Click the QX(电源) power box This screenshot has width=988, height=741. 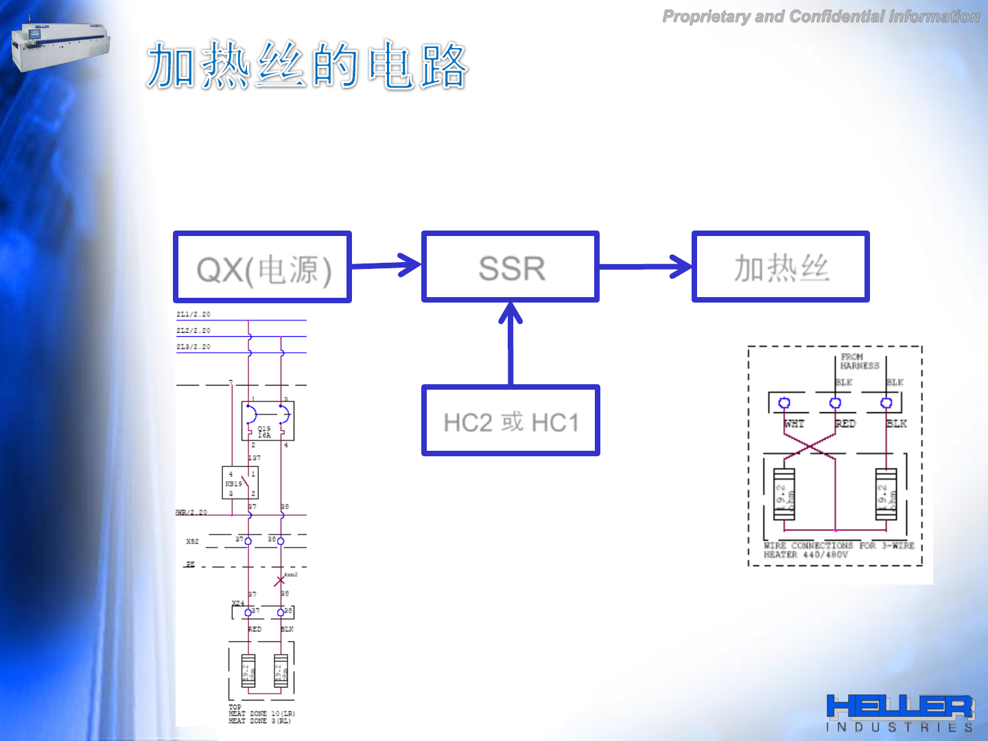point(263,268)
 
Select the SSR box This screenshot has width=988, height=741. point(510,267)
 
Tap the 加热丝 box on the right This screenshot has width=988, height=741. point(781,267)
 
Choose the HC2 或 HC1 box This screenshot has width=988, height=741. point(510,421)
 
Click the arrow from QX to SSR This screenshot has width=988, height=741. point(386,265)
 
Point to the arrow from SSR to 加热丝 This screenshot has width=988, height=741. point(645,266)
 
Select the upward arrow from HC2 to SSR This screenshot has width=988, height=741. point(510,343)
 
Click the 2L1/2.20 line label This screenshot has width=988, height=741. point(193,314)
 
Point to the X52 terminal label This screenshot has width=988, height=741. point(192,541)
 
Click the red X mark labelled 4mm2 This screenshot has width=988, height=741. point(280,581)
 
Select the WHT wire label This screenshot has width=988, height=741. point(794,424)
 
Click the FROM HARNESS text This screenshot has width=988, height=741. point(859,362)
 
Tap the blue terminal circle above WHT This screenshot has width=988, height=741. point(785,403)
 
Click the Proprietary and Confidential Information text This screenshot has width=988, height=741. point(821,16)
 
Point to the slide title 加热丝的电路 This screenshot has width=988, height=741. point(307,65)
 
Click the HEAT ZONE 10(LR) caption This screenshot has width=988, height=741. point(261,714)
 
